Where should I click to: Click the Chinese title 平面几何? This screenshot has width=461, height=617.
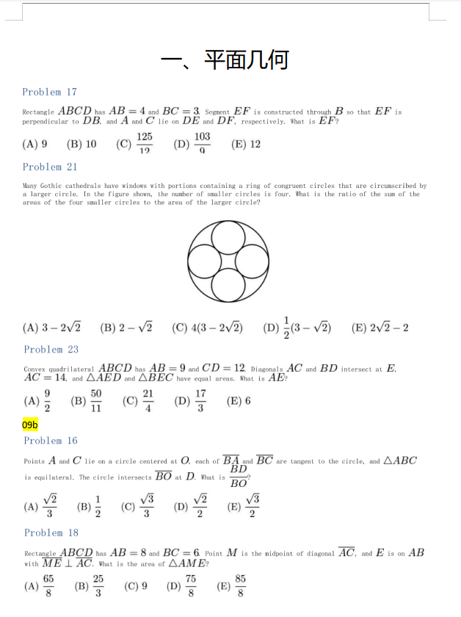tap(246, 59)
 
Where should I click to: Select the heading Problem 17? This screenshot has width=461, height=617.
tap(49, 92)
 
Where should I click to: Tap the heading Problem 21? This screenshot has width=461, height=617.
tap(49, 167)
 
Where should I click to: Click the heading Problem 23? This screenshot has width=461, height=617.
tap(51, 349)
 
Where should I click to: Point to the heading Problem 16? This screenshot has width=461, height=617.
tap(51, 441)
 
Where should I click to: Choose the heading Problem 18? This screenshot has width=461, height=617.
tap(51, 533)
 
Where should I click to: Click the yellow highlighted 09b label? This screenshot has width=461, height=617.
tap(30, 425)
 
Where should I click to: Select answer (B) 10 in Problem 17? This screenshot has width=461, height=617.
tap(81, 144)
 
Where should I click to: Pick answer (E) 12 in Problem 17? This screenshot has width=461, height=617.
tap(246, 144)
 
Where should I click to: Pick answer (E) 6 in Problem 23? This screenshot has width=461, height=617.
tap(239, 401)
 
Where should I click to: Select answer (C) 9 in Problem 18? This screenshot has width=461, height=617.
tap(137, 586)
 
